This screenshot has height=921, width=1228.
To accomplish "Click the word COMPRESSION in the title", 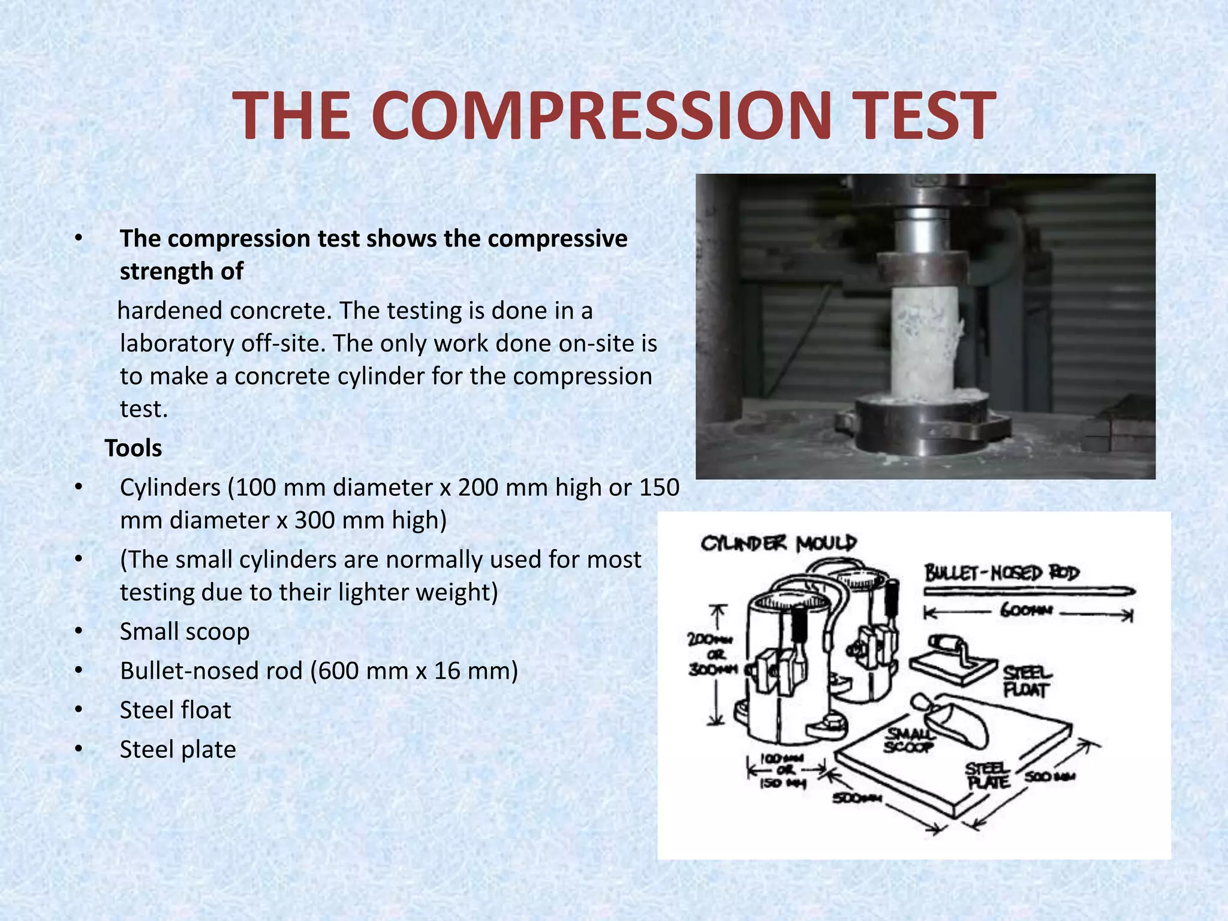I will click(x=603, y=115).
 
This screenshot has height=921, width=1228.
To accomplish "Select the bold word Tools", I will click(x=133, y=448).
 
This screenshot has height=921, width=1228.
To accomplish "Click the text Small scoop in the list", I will click(x=185, y=631).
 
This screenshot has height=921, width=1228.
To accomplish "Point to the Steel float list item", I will click(x=175, y=710).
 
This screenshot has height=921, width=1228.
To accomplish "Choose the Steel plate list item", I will click(x=177, y=749).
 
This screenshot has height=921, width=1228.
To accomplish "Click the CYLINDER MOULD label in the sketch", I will click(x=778, y=544).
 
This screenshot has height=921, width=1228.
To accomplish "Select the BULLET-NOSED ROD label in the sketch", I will click(x=1001, y=573).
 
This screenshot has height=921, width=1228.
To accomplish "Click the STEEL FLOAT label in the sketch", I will click(x=1027, y=681).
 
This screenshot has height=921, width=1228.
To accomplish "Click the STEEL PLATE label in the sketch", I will click(x=988, y=776).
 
